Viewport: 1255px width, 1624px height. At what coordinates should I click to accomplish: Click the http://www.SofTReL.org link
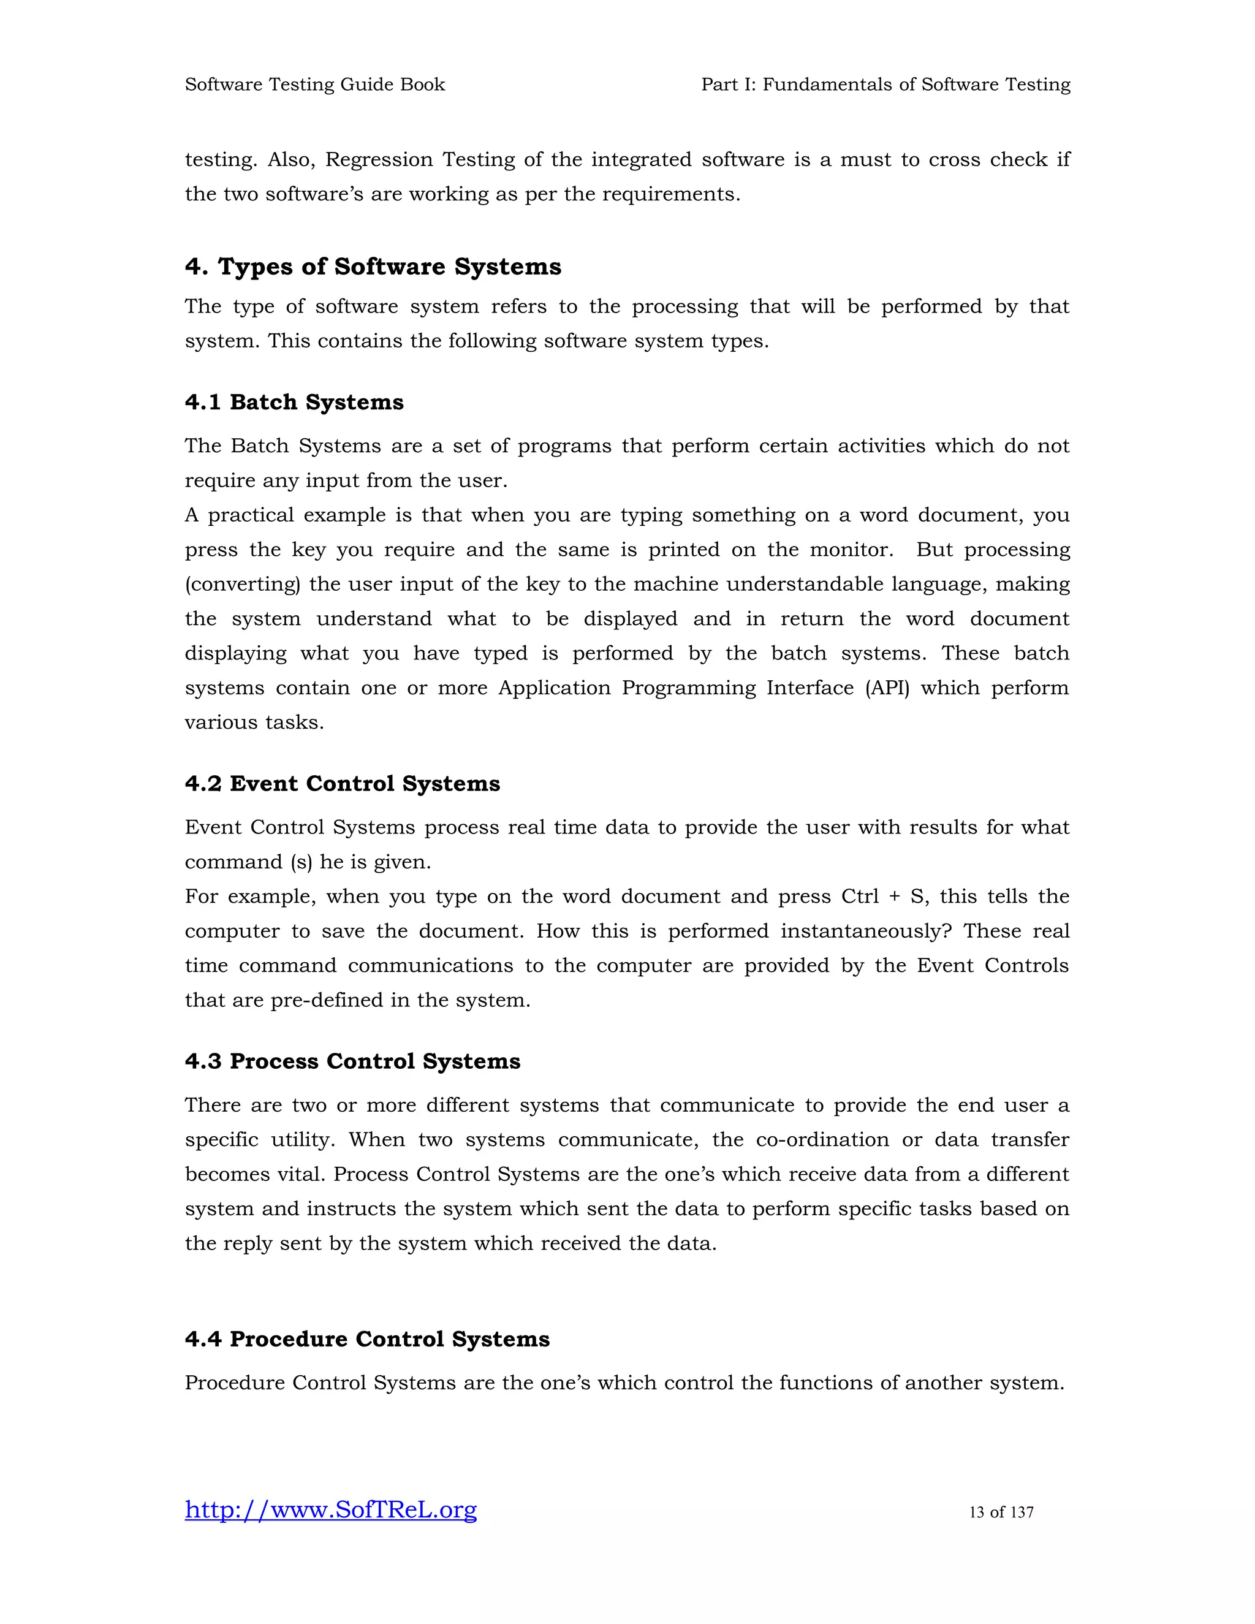(330, 1509)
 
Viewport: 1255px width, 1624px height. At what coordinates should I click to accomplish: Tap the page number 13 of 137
(1001, 1512)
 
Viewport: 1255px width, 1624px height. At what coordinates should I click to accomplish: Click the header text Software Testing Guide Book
(314, 85)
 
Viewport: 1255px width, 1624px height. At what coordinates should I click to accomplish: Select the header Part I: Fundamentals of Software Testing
(885, 85)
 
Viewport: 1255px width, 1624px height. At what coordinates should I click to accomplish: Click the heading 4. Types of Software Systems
(373, 267)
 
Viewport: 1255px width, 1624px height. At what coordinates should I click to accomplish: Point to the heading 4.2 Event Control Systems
(342, 784)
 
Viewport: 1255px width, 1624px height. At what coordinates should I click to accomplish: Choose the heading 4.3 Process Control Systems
(352, 1061)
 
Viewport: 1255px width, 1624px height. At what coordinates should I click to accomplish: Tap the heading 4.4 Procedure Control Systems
(367, 1339)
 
